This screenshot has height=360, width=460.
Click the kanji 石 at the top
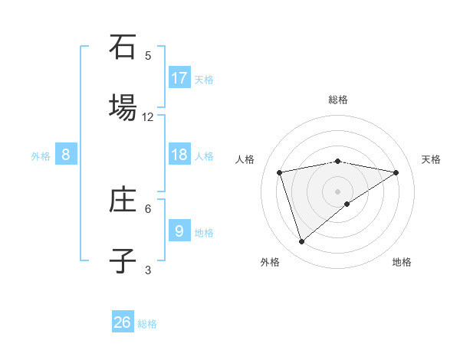(x=123, y=47)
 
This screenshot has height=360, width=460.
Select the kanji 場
(x=123, y=107)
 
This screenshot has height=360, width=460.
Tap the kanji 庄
(x=123, y=201)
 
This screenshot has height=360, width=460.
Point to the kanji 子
(x=123, y=260)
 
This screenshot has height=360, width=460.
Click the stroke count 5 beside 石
(x=148, y=56)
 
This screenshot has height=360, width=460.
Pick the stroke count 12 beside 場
(x=148, y=117)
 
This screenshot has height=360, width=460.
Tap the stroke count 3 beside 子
(x=148, y=270)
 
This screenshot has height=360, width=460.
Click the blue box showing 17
(x=179, y=78)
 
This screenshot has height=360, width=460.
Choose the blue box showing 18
(x=179, y=155)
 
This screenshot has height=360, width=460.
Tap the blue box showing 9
(x=179, y=231)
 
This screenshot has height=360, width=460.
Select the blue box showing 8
(x=66, y=155)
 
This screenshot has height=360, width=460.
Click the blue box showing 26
(x=123, y=322)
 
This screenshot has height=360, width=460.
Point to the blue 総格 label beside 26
(x=148, y=324)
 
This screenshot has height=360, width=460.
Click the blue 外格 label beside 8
(x=41, y=156)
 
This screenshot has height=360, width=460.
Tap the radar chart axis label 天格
(x=432, y=159)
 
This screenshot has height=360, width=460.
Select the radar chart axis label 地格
(x=402, y=262)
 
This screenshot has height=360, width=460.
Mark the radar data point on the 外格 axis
(x=302, y=241)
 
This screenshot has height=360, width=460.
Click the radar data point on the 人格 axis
(x=280, y=172)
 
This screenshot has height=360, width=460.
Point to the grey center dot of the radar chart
(x=338, y=191)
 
